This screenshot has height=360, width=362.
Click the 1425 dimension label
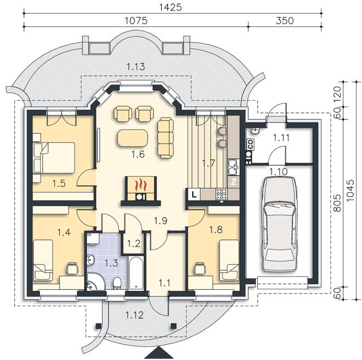pos(171,7)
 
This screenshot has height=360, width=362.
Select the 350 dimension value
pos(285,20)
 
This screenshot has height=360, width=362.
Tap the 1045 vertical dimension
pos(350,190)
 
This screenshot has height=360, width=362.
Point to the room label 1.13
pos(136,67)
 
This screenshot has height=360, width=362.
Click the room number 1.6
pos(138,155)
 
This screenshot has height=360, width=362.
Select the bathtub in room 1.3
pos(136,273)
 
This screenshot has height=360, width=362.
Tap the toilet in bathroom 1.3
pos(117,283)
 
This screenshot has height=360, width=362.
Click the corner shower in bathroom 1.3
pos(95,282)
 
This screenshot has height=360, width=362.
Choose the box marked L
pos(194,195)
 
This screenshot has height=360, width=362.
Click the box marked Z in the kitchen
pos(234,182)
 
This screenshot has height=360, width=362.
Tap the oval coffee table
pos(133,138)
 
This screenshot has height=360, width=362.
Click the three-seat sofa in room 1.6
pos(165,138)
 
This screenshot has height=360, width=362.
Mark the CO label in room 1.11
pos(250,144)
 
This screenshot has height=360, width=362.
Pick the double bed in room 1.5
pos(54,158)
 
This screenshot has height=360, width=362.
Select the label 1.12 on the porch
pos(134,315)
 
